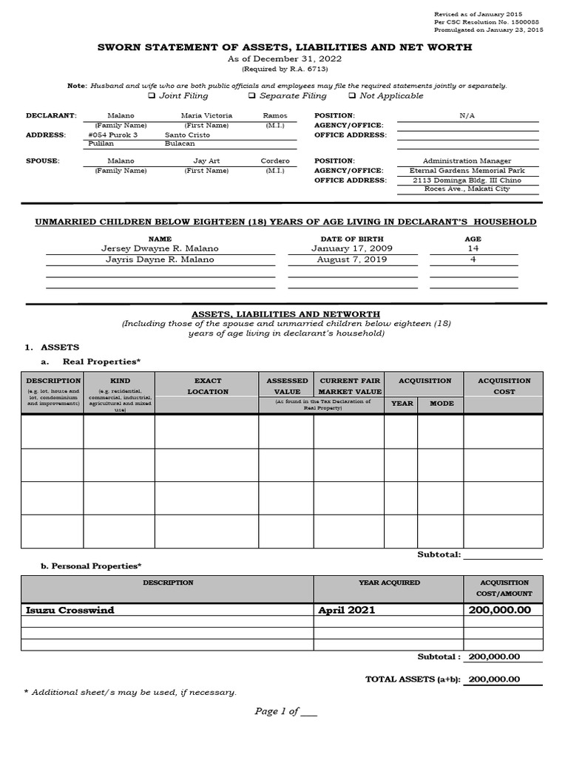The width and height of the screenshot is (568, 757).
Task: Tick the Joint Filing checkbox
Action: (152, 96)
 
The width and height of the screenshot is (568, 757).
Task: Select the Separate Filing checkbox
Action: (251, 96)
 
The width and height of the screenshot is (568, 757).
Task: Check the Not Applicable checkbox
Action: (352, 96)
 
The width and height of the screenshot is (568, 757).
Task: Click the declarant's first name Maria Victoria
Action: (206, 115)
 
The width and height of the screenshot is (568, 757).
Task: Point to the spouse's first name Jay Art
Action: (206, 160)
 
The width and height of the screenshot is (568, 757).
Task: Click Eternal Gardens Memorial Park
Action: (468, 170)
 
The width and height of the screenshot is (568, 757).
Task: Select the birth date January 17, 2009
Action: (342, 249)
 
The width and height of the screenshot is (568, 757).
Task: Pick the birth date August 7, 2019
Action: (342, 259)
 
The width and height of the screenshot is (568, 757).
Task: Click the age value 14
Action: (473, 249)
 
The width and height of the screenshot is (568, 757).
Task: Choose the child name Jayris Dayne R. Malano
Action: (160, 259)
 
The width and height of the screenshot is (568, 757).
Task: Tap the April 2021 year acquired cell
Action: (346, 610)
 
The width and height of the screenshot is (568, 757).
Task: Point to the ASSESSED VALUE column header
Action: (287, 386)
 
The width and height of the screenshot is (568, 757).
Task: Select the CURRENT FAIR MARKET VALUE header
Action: (350, 386)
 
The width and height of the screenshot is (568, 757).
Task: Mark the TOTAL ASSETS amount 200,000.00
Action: (494, 679)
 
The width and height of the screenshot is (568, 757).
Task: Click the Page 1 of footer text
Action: (285, 711)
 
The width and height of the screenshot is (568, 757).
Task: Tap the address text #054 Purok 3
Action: (112, 135)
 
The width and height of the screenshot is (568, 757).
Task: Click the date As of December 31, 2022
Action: (285, 58)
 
